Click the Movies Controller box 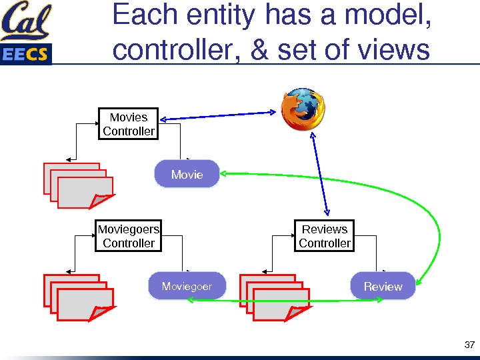click(129, 124)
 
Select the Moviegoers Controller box click(129, 236)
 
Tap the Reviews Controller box click(325, 236)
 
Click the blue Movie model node click(187, 174)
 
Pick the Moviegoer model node click(187, 286)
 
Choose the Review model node click(383, 286)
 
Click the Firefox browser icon click(303, 109)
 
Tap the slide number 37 click(469, 345)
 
